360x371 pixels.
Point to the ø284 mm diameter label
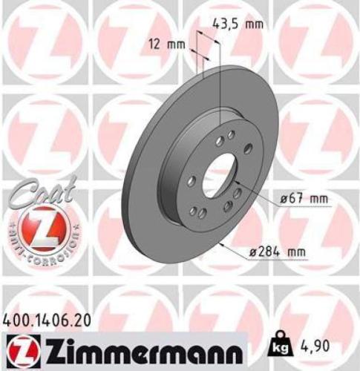pos(278,252)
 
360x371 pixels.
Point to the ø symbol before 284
pos(254,252)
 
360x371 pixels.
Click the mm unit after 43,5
pos(255,23)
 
